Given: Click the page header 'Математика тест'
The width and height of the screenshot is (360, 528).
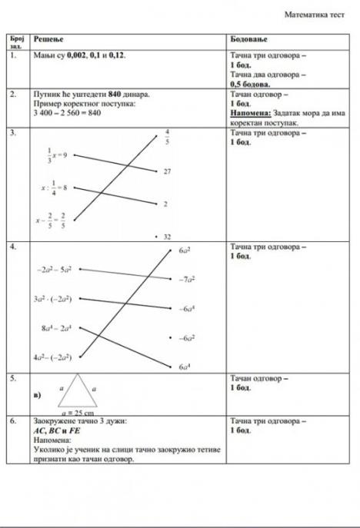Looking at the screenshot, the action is [x=314, y=14].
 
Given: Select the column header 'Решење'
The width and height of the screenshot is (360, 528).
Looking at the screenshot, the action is [x=48, y=38].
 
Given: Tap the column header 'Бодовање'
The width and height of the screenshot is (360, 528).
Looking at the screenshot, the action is [x=248, y=38].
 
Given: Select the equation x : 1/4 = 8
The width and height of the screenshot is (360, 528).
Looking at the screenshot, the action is [x=55, y=187].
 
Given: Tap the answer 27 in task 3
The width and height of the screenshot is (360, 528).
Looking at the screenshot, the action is [x=167, y=172].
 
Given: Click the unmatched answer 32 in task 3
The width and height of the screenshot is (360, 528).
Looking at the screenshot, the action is [x=166, y=237].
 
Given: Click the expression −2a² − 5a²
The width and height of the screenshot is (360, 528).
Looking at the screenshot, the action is [x=54, y=271].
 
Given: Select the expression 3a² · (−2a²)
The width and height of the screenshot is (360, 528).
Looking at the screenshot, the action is [x=54, y=298].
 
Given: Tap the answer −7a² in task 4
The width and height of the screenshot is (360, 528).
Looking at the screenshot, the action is [x=185, y=281].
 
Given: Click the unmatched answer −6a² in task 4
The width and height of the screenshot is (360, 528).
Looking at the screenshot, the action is [x=185, y=338].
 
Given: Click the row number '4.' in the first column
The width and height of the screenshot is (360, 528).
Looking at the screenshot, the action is [x=14, y=247].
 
